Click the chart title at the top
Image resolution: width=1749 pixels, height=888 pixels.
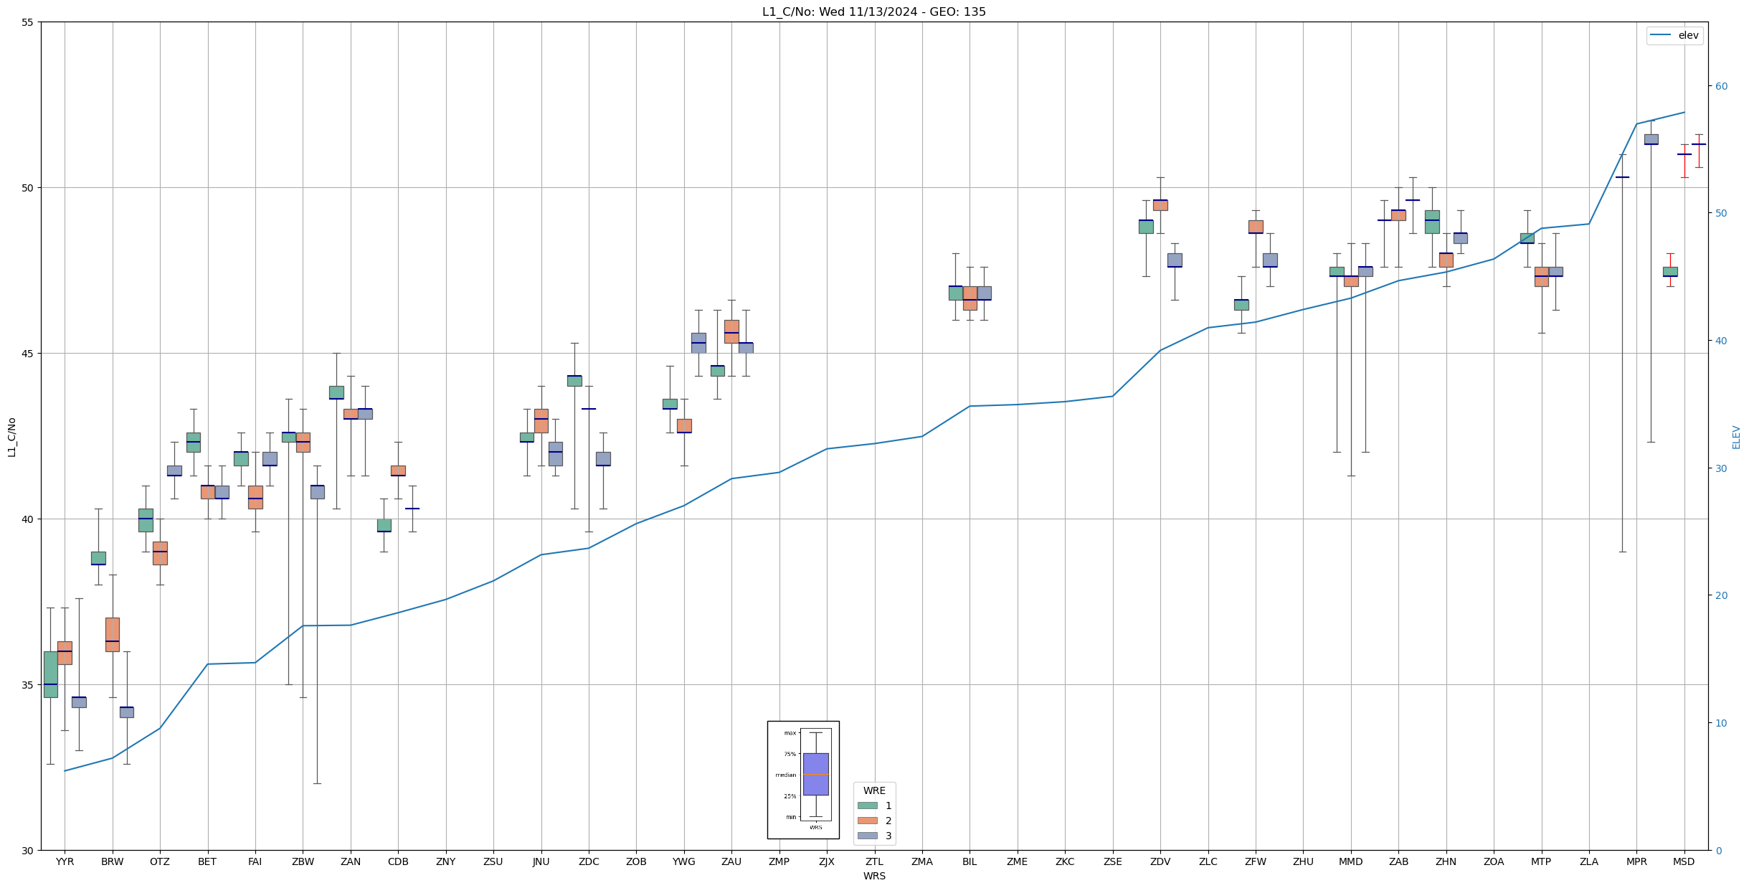point(873,11)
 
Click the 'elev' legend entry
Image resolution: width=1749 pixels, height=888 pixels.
point(1687,35)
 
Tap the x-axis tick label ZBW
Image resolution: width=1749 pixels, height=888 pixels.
point(303,861)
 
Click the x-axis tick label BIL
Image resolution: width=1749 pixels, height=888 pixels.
point(969,861)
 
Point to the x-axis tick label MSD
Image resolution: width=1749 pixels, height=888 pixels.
point(1683,861)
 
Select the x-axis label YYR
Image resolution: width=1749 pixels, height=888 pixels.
point(65,861)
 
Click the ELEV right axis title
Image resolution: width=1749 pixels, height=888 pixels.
point(1735,437)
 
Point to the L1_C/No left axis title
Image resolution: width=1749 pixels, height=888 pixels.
point(11,437)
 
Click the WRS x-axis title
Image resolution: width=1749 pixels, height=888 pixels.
point(873,876)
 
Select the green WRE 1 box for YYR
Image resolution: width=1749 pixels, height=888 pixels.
point(50,674)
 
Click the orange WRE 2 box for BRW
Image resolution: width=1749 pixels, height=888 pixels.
point(113,634)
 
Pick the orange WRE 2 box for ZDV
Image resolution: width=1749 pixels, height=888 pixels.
point(1160,205)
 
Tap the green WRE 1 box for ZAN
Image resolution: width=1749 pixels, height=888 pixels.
point(336,392)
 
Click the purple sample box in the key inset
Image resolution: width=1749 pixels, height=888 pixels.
point(815,774)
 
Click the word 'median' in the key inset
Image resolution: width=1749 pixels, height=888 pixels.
point(785,775)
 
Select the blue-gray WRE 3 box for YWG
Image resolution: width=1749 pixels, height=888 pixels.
point(698,343)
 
